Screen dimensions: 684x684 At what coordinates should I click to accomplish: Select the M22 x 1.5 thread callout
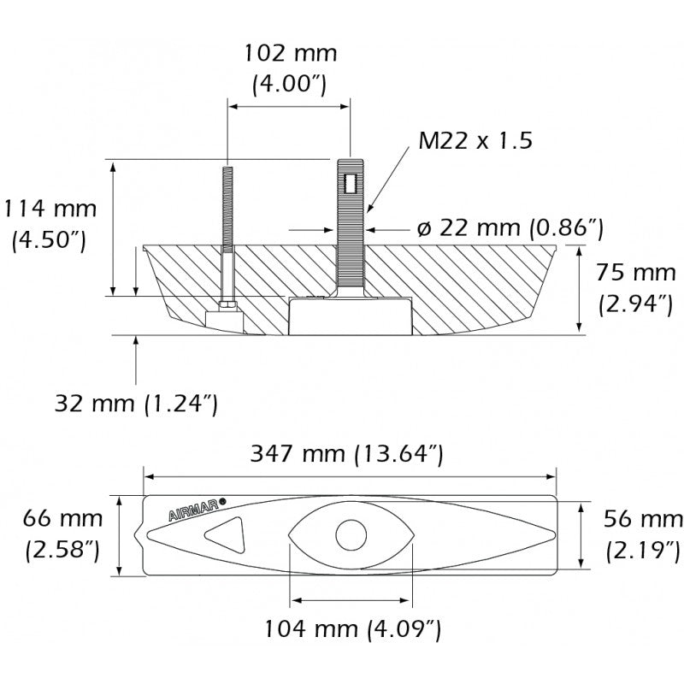(475, 140)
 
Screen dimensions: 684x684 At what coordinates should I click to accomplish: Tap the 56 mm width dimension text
(643, 518)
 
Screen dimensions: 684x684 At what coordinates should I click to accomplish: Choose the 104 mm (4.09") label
(352, 631)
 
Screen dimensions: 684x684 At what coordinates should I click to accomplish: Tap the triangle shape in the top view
(225, 536)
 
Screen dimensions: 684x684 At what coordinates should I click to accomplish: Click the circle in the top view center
(351, 536)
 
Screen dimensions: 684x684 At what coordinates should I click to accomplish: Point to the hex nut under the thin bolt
(227, 303)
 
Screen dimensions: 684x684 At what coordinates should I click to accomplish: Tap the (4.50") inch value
(49, 239)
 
